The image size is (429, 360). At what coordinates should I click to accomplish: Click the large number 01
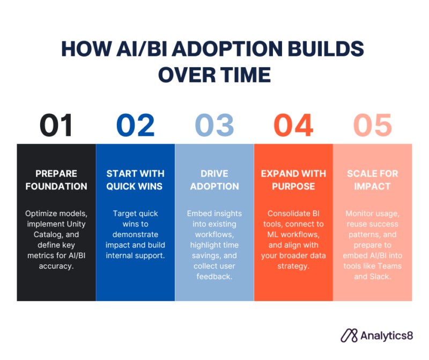(x=56, y=125)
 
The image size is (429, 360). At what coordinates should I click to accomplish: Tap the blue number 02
(x=135, y=125)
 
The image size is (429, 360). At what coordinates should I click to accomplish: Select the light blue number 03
(x=214, y=125)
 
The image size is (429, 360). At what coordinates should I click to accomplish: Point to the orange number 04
(x=293, y=125)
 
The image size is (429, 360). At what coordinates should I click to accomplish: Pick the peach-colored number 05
(x=372, y=125)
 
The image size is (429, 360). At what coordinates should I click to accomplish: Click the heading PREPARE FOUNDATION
(x=56, y=180)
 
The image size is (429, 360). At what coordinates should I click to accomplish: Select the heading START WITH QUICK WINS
(x=135, y=180)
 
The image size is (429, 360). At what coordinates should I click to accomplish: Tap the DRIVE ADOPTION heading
(x=214, y=180)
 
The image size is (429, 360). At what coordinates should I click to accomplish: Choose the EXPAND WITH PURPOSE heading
(x=293, y=180)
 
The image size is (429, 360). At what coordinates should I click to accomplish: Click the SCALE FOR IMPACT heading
(x=373, y=180)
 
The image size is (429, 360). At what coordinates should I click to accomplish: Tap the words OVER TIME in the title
(x=214, y=75)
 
